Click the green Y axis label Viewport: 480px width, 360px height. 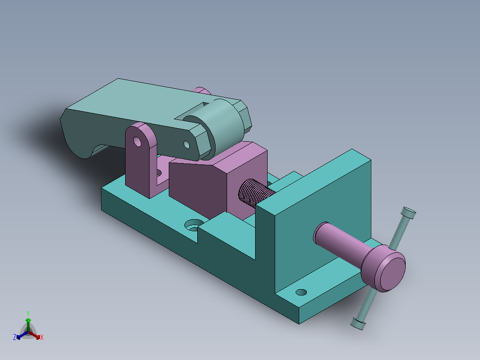(28, 313)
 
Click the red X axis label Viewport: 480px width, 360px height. (42, 337)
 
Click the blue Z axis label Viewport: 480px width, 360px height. (15, 337)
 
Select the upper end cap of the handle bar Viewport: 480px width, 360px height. (408, 213)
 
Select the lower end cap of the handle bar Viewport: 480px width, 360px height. (358, 323)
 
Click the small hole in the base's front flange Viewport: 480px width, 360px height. (301, 292)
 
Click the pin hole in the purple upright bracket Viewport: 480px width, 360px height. (137, 142)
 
